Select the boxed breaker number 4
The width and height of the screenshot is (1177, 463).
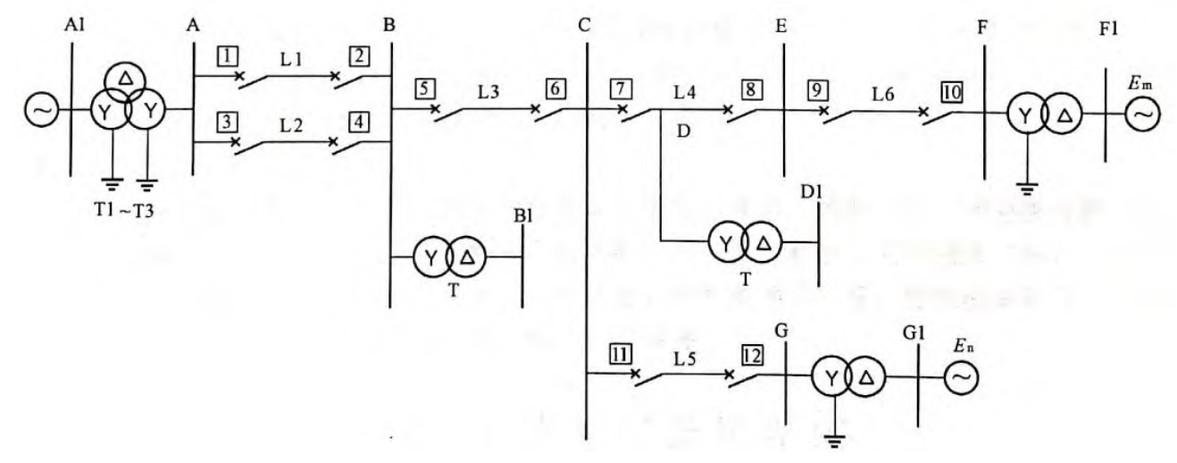point(361,122)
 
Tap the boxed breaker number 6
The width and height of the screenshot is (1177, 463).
point(555,89)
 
